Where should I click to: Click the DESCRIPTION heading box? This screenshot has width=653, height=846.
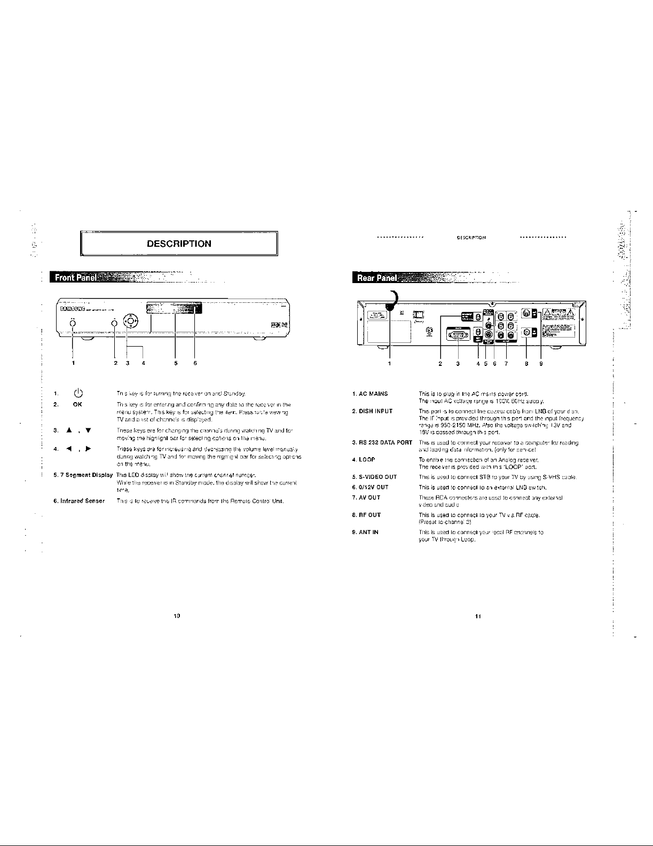[179, 244]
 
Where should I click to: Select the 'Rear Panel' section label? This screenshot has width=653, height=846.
[374, 278]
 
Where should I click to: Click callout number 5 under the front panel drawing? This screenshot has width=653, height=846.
[176, 363]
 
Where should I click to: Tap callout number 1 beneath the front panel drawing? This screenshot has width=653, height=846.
[73, 363]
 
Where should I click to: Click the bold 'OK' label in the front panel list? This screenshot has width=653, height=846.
[77, 404]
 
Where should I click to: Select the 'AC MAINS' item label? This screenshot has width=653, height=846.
[369, 394]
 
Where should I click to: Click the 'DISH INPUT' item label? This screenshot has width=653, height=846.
[372, 411]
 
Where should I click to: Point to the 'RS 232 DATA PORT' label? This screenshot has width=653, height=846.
[382, 443]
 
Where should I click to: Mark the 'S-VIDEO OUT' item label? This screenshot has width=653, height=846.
[374, 477]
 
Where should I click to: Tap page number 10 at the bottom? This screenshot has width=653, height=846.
[177, 616]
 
